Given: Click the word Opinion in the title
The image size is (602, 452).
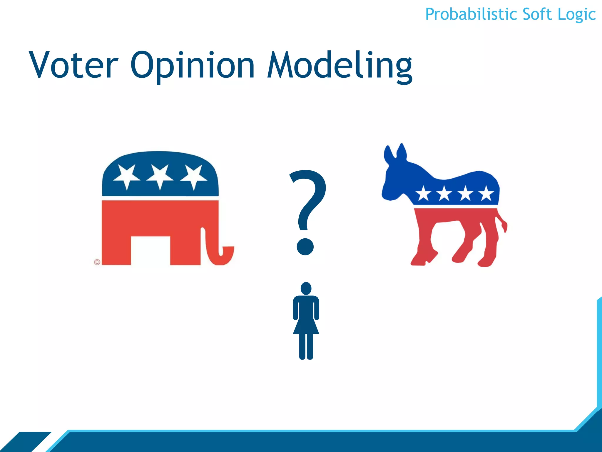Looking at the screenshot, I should click(x=193, y=65).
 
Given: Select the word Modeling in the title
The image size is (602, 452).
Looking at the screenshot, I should click(x=340, y=65).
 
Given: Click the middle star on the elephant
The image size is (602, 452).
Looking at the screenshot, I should click(x=160, y=176).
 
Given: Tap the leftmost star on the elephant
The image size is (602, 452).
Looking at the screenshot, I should click(x=127, y=176).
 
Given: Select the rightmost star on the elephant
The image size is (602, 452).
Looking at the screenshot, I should click(x=193, y=176).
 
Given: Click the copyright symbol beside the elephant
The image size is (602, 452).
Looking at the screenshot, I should click(x=97, y=262).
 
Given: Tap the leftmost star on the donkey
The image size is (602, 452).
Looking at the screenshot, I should click(x=423, y=194).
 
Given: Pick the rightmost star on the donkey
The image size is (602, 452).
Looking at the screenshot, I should click(x=486, y=194).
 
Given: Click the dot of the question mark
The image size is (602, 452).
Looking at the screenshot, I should click(x=305, y=247).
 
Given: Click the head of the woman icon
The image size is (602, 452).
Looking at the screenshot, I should click(x=306, y=288).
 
